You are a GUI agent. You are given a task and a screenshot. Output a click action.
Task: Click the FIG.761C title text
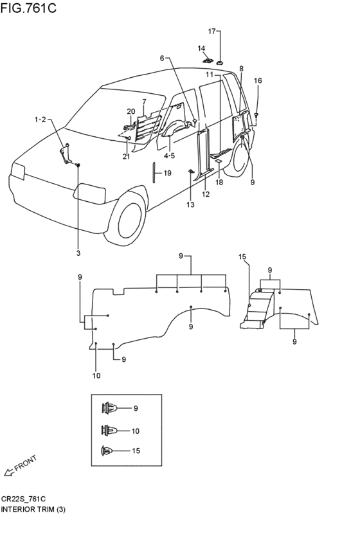point(28,7)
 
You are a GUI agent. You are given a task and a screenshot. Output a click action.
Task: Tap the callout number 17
point(212,31)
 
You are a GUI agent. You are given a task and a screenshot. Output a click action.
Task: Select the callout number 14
point(201,48)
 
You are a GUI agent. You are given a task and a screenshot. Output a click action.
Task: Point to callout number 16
point(258,80)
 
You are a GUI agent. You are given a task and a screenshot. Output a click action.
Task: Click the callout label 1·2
point(40,120)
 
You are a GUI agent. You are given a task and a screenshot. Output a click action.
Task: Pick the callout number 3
point(78,253)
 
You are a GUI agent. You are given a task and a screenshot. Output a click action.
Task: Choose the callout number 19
point(167,173)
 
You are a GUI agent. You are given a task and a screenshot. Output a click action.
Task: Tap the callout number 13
point(190,205)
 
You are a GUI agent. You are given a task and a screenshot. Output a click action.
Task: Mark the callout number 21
point(126,157)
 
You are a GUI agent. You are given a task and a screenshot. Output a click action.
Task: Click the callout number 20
point(130,112)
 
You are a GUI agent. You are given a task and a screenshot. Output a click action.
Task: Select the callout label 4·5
point(169,156)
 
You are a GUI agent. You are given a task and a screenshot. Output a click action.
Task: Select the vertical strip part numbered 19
point(154,172)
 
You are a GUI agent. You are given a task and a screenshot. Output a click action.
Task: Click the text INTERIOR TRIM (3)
point(33,509)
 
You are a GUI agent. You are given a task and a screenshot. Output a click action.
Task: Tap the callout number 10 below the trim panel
point(96,375)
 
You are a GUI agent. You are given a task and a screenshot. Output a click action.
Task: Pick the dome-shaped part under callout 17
point(221,63)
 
